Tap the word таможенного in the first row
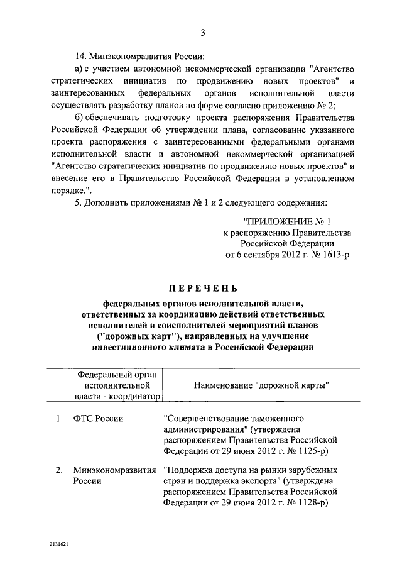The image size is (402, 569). (280, 419)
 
